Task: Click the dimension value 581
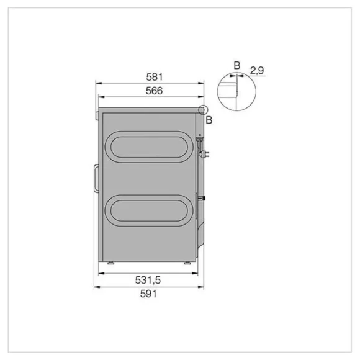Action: click(155, 77)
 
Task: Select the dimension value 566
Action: click(154, 91)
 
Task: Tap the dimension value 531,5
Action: click(148, 281)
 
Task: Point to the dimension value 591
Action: click(148, 294)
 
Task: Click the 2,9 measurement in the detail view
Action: click(257, 70)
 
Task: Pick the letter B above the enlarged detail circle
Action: click(237, 66)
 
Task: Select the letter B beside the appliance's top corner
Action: click(209, 120)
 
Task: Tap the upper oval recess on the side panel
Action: click(149, 133)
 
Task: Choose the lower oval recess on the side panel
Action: click(149, 197)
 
